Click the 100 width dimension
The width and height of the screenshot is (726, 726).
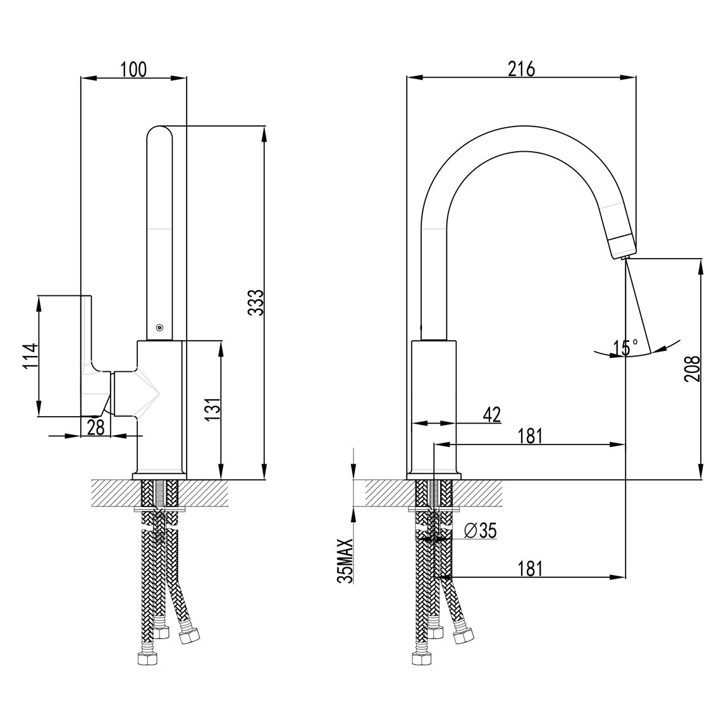point(133,70)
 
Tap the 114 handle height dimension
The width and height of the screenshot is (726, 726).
point(30,355)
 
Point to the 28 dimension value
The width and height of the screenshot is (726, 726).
point(96,428)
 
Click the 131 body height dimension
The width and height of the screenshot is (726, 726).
point(212,409)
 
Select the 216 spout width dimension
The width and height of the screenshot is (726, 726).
point(521,69)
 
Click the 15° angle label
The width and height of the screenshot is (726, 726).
point(625,347)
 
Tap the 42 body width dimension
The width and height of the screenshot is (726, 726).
point(492,415)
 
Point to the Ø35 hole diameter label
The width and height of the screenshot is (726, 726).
point(479,531)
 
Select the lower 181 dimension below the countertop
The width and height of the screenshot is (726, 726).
point(530,568)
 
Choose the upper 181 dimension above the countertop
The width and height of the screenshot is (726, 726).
point(530,436)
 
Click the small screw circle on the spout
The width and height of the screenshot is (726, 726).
point(160,328)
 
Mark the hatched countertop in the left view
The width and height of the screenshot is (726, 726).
point(160,493)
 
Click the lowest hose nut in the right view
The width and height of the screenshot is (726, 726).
point(422,658)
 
